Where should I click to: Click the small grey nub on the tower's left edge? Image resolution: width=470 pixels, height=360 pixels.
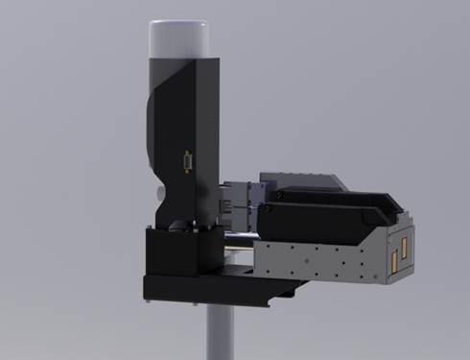click(x=157, y=191)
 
